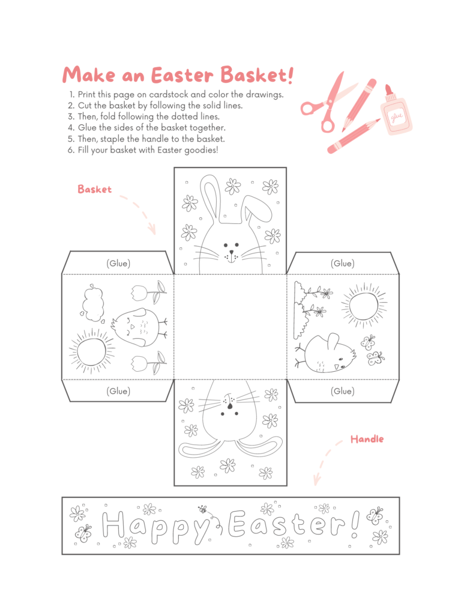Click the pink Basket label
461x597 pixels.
click(x=94, y=189)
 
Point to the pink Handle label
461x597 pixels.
click(x=367, y=440)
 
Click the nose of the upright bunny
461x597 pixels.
click(x=230, y=246)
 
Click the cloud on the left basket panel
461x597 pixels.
click(x=92, y=300)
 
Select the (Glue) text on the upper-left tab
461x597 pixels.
click(x=118, y=263)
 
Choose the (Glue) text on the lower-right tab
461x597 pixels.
click(x=342, y=391)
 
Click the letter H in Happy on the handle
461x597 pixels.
click(x=114, y=524)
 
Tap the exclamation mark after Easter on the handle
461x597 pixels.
click(x=355, y=524)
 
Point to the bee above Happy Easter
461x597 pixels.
click(x=203, y=510)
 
